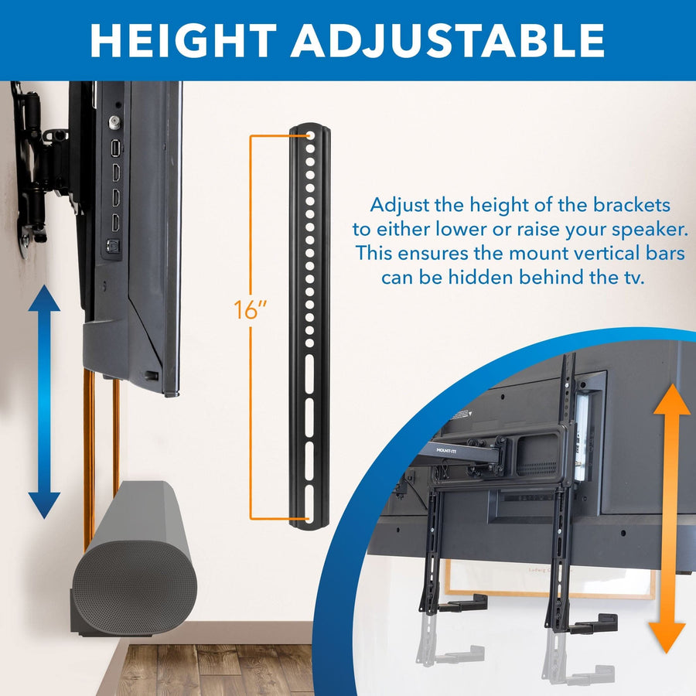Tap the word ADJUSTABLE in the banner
[448, 40]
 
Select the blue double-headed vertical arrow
[44, 401]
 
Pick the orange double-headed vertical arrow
[669, 518]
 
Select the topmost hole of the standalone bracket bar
[309, 135]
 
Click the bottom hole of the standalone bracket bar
[309, 513]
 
